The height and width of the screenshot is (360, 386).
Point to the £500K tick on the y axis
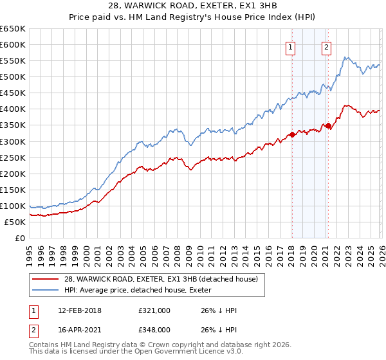pyautogui.click(x=13, y=77)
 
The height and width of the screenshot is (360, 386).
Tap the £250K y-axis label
pyautogui.click(x=13, y=157)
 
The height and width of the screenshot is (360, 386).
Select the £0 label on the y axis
pyautogui.click(x=19, y=238)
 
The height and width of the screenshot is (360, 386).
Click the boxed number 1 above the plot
pyautogui.click(x=291, y=46)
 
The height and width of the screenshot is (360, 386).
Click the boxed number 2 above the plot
pyautogui.click(x=327, y=46)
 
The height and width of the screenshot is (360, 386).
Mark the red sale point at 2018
pyautogui.click(x=292, y=134)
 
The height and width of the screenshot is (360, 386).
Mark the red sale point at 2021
pyautogui.click(x=328, y=126)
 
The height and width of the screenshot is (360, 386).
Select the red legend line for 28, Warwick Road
pyautogui.click(x=45, y=279)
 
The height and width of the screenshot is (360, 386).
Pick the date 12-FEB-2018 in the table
pyautogui.click(x=74, y=310)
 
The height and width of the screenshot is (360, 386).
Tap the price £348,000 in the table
pyautogui.click(x=154, y=329)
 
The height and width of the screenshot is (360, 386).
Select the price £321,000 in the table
pyautogui.click(x=154, y=310)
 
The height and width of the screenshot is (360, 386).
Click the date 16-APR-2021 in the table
pyautogui.click(x=74, y=329)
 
